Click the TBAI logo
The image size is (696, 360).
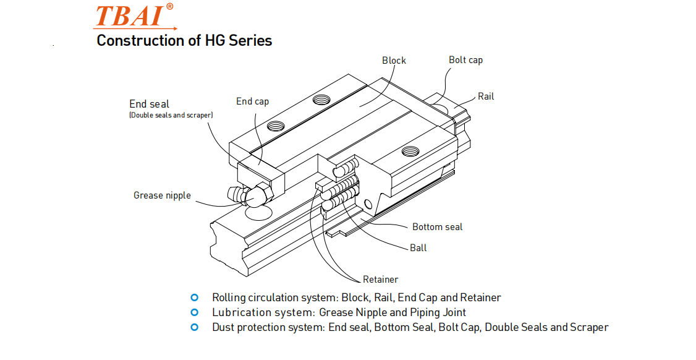pos(132,17)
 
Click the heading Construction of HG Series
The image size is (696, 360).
pos(184,41)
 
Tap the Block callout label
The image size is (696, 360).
pos(394,60)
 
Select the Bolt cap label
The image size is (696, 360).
pos(465,60)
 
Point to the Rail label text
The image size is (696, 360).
pos(486,96)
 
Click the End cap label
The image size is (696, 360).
pos(252,101)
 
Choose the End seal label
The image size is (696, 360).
pos(149,104)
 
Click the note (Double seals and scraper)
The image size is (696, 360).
pos(171,115)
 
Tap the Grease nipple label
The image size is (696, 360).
pos(162,195)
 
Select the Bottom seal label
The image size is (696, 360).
pos(437,227)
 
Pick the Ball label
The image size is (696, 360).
pos(418,248)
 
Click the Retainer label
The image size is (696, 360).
pos(380,280)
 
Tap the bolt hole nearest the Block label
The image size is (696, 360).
pos(321,100)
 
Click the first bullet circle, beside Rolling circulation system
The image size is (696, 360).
pos(195,297)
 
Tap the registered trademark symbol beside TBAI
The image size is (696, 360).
pos(169,7)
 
